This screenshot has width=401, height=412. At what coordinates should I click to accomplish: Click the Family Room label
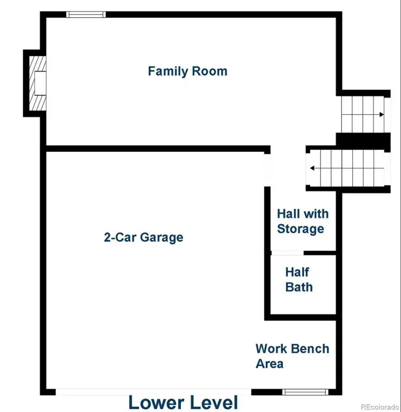[x=188, y=71]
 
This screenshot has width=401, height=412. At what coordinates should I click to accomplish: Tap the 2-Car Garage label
[x=143, y=238]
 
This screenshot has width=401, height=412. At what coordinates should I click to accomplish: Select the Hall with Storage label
[x=303, y=221]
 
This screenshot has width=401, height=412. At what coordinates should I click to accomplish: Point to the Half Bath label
[x=299, y=279]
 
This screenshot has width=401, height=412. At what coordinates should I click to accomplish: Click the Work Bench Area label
[x=293, y=356]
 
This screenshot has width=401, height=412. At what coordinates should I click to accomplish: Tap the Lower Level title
[x=183, y=402]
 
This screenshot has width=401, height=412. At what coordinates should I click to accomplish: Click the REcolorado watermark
[x=380, y=407]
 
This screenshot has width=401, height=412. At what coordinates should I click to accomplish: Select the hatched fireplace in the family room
[x=38, y=83]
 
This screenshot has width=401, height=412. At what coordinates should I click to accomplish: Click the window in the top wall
[x=86, y=14]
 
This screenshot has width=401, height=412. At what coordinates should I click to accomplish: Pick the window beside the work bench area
[x=305, y=392]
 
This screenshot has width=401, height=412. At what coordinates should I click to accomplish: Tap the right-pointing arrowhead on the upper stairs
[x=382, y=115]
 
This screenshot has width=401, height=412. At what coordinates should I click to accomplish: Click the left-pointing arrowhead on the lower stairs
[x=312, y=168]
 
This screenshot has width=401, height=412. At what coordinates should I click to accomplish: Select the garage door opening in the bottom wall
[x=154, y=392]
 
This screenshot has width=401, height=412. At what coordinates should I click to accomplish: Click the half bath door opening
[x=287, y=253]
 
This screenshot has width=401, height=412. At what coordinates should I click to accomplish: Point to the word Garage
[x=162, y=238]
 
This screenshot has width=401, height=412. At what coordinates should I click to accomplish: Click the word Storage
[x=301, y=229]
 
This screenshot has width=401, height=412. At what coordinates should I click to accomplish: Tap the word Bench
[x=310, y=349]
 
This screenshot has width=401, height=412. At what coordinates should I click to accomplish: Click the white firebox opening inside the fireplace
[x=40, y=83]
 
